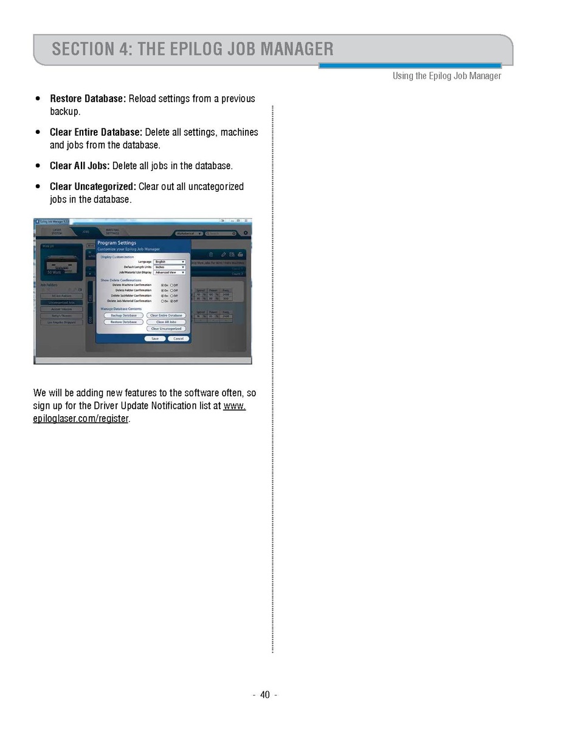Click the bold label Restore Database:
pyautogui.click(x=88, y=99)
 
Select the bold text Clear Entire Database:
pyautogui.click(x=95, y=132)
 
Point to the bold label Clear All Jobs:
pyautogui.click(x=80, y=166)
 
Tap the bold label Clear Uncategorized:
pyautogui.click(x=92, y=186)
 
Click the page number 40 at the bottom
pyautogui.click(x=264, y=695)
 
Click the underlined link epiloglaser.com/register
pyautogui.click(x=81, y=419)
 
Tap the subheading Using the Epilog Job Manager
pyautogui.click(x=447, y=76)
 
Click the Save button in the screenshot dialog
pyautogui.click(x=155, y=338)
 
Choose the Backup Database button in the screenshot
pyautogui.click(x=123, y=315)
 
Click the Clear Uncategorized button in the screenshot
pyautogui.click(x=166, y=329)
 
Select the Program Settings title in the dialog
pyautogui.click(x=117, y=243)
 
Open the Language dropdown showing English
pyautogui.click(x=170, y=262)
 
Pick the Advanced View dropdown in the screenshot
pyautogui.click(x=170, y=273)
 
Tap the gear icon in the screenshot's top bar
pyautogui.click(x=246, y=233)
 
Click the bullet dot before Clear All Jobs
pyautogui.click(x=38, y=166)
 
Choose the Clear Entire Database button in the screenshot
pyautogui.click(x=166, y=315)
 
